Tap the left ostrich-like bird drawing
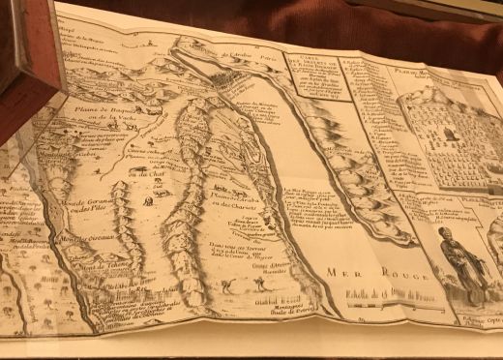point(223,286)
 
